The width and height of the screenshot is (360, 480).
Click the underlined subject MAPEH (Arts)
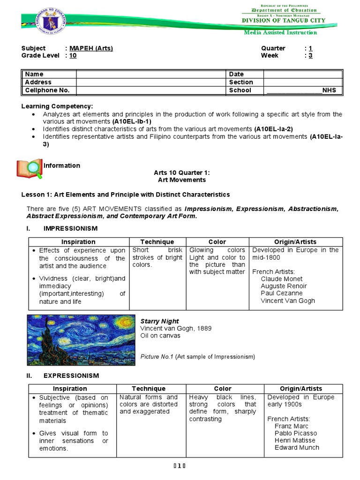pyautogui.click(x=91, y=48)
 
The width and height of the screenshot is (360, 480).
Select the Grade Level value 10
pyautogui.click(x=73, y=55)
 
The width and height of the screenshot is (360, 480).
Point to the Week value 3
pyautogui.click(x=310, y=55)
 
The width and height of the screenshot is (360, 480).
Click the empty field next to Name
pyautogui.click(x=151, y=74)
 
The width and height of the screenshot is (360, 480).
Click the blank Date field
pyautogui.click(x=303, y=74)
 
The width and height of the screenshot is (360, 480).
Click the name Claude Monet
pyautogui.click(x=282, y=279)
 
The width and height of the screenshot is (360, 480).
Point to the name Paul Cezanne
pyautogui.click(x=282, y=293)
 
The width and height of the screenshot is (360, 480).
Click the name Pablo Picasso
pyautogui.click(x=296, y=433)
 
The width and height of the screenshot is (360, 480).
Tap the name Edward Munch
pyautogui.click(x=297, y=447)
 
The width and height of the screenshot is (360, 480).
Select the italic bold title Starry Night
pyautogui.click(x=159, y=321)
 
